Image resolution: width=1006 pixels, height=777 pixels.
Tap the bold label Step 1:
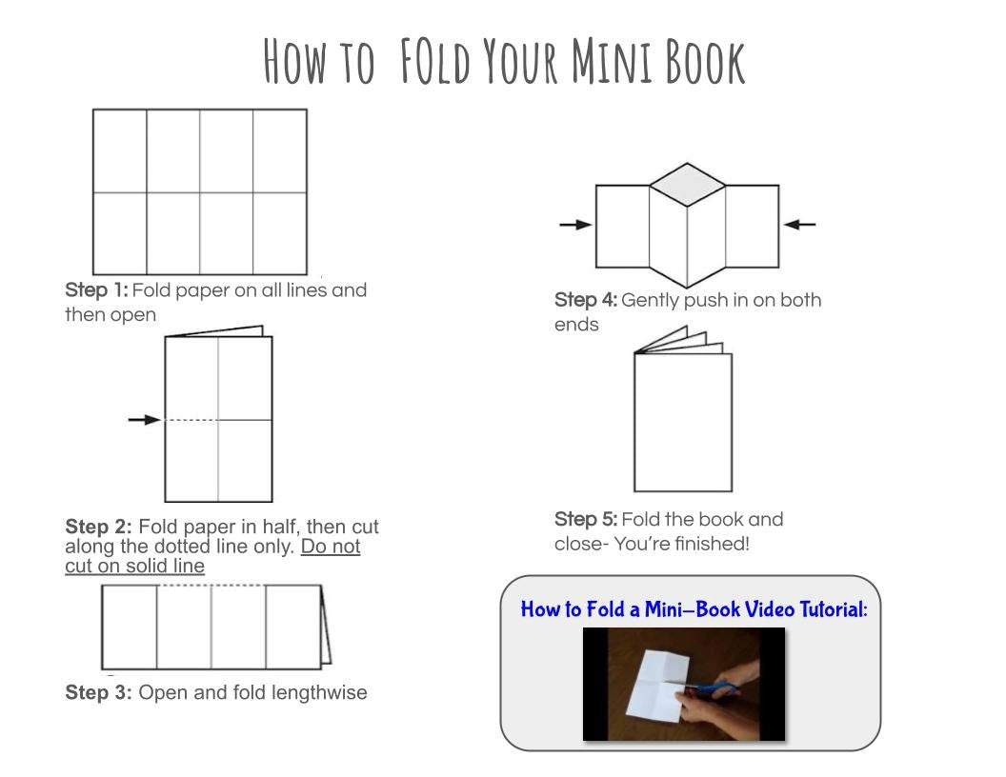[x=96, y=290]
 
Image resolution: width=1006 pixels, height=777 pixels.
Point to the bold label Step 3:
[x=99, y=693]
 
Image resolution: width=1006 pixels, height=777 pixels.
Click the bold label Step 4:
[x=586, y=301]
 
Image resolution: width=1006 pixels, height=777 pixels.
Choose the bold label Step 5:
[x=586, y=520]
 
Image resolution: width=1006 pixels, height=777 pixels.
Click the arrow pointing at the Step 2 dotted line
[x=144, y=419]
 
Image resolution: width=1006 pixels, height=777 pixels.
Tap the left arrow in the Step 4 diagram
[x=575, y=225]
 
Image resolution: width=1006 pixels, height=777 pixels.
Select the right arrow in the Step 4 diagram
[x=799, y=225]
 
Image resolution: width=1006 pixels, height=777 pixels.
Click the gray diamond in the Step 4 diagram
[x=688, y=182]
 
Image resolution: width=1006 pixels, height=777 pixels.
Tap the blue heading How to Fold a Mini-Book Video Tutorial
[x=694, y=609]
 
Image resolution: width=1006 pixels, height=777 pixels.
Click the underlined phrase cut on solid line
[x=134, y=567]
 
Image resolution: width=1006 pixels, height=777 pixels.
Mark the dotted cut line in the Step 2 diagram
[x=191, y=419]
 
